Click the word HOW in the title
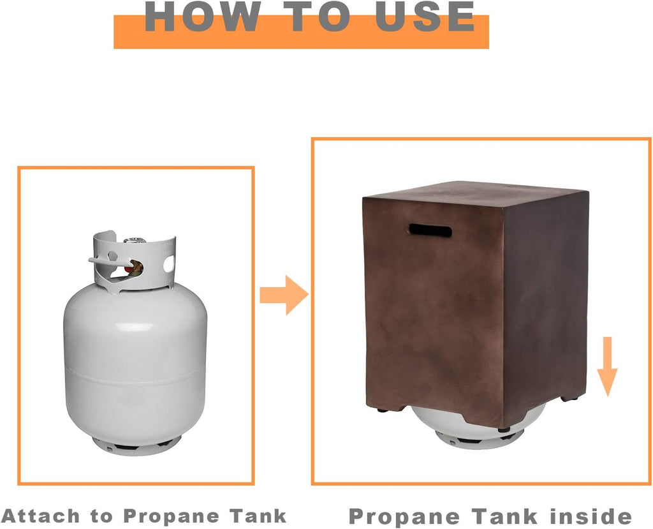pos(202,16)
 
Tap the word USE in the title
pos(425,16)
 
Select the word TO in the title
pos(318,16)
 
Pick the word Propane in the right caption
pos(404,516)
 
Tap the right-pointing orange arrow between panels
pos(284,295)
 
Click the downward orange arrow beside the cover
pos(607,366)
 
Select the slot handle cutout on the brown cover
pos(430,230)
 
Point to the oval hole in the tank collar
pos(168,264)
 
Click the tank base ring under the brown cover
pos(479,440)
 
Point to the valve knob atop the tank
pos(135,241)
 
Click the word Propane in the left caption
pos(171,516)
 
